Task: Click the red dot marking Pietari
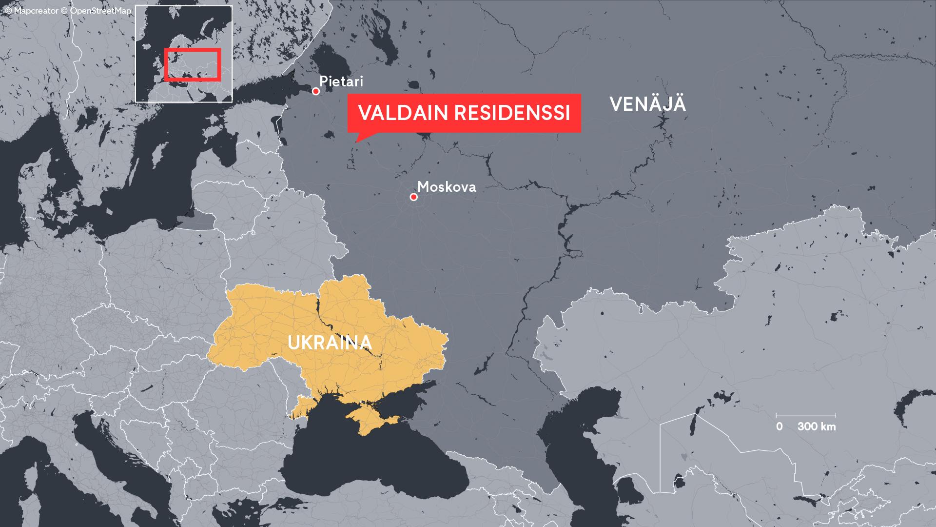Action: tap(316, 91)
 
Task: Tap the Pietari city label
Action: tap(341, 81)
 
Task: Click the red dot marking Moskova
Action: tap(413, 197)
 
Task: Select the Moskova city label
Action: tap(447, 187)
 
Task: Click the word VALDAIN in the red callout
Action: tap(403, 113)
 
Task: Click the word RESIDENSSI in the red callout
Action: tap(512, 113)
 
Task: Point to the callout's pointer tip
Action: tap(357, 142)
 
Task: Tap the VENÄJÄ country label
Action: tap(647, 104)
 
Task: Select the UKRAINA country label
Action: tap(330, 343)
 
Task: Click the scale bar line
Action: tap(806, 415)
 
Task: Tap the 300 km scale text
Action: tap(817, 426)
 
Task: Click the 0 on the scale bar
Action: tap(779, 426)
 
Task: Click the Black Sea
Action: tap(370, 459)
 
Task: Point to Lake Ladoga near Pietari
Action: tap(331, 59)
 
